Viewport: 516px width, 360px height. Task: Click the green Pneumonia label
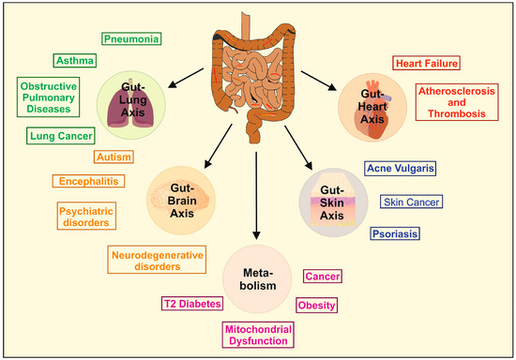pos(130,39)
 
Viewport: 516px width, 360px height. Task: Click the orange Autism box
pos(114,157)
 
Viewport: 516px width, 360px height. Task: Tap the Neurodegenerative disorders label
pos(158,259)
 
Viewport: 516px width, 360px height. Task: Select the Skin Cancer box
pos(411,202)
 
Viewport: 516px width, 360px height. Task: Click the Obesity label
pos(316,305)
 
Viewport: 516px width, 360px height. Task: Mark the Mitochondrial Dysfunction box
pos(257,336)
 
